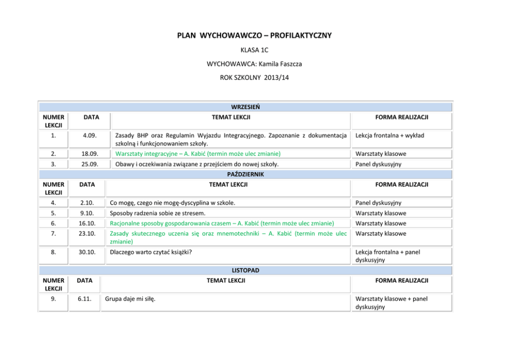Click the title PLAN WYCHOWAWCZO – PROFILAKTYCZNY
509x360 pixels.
[x=254, y=35]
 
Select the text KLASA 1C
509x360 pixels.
[x=254, y=50]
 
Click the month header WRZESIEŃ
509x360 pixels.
[x=245, y=107]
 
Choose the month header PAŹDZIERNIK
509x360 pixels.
[x=245, y=174]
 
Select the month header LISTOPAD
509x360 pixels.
[x=245, y=270]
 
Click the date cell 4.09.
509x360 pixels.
[x=91, y=136]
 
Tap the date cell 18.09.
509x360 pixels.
[x=91, y=154]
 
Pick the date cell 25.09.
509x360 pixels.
[x=91, y=164]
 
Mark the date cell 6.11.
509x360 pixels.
[x=85, y=299]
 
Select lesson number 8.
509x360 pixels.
[x=53, y=252]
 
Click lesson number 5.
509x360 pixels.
[x=53, y=213]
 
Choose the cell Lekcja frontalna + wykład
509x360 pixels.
[x=389, y=136]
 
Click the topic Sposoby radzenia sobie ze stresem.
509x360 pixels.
[x=158, y=213]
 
